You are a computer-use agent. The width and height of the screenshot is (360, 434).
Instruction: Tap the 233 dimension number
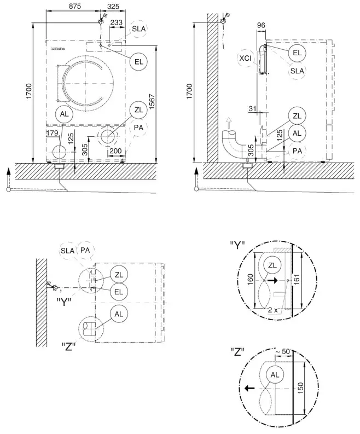(x=117, y=22)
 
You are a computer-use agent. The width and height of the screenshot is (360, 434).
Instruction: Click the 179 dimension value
(x=53, y=132)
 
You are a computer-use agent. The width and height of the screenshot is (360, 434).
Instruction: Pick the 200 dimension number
(x=115, y=151)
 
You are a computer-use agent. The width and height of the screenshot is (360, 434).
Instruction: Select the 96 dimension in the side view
(x=261, y=25)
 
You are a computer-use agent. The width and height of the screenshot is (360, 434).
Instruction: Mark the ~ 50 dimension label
(x=282, y=350)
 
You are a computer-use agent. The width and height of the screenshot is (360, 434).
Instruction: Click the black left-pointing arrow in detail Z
(x=249, y=388)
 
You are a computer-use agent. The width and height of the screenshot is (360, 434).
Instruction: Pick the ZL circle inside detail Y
(x=271, y=265)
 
